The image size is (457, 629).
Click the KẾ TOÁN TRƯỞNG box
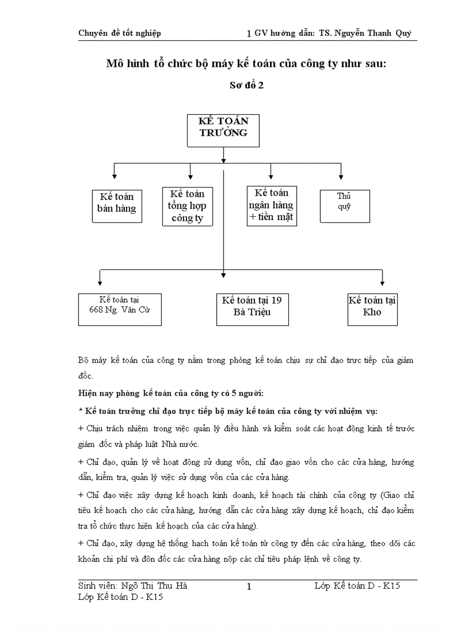pos(223,131)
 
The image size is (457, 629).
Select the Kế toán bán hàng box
pos(117,206)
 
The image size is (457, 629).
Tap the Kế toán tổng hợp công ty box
pos(188,206)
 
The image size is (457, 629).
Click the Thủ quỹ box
pos(344,206)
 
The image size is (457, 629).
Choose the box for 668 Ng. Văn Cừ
pos(120,309)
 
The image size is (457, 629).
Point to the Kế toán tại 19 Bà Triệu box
pos(252,309)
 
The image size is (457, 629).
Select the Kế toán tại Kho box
pos(372,309)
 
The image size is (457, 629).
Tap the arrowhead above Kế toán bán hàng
pos(114,176)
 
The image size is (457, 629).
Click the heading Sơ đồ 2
pos(247,86)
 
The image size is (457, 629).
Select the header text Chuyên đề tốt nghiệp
pos(119,33)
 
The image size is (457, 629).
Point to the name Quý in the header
pos(403,33)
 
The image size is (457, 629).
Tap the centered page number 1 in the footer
pos(249,587)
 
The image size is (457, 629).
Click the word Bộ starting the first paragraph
pos(84,360)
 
